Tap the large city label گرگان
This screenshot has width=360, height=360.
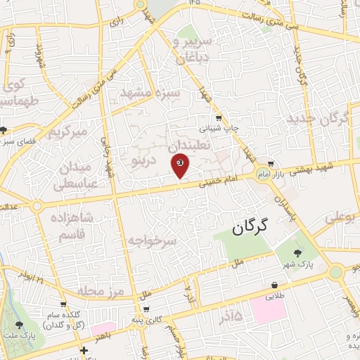251,226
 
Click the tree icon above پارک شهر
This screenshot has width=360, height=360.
298,253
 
